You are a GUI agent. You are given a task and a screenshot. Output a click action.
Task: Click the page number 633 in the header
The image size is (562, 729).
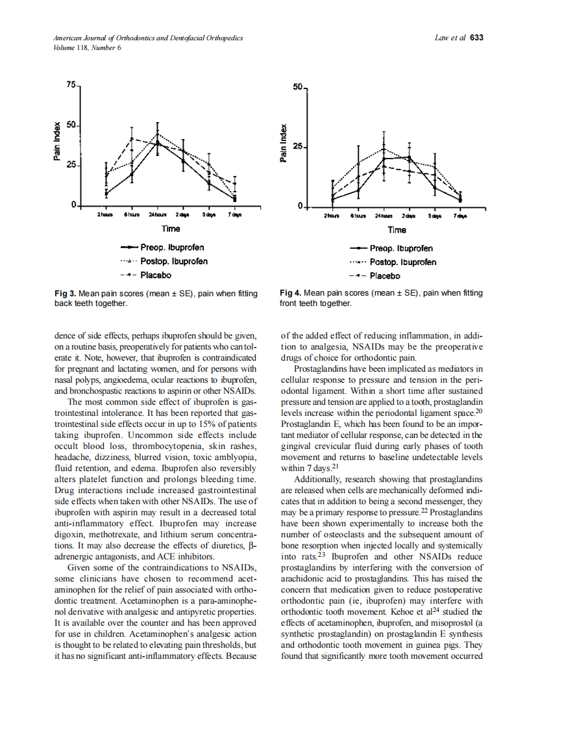[476, 38]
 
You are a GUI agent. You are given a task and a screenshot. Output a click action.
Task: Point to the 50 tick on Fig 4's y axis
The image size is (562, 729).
[297, 86]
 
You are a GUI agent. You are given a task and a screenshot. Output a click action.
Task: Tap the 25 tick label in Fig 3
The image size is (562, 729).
[71, 165]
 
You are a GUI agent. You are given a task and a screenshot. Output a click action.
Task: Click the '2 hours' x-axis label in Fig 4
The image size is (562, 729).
[331, 215]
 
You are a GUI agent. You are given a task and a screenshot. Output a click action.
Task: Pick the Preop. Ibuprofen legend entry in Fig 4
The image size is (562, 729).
[401, 248]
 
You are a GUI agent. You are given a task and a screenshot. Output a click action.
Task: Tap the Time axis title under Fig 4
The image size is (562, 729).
[397, 229]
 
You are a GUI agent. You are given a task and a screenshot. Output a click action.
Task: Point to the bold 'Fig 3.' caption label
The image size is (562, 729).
[66, 294]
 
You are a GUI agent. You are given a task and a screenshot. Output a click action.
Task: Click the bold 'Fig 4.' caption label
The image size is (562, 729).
[291, 293]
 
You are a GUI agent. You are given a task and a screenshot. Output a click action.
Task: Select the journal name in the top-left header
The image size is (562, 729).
[148, 38]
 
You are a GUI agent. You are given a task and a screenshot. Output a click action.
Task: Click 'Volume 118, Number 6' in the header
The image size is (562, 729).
[87, 47]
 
